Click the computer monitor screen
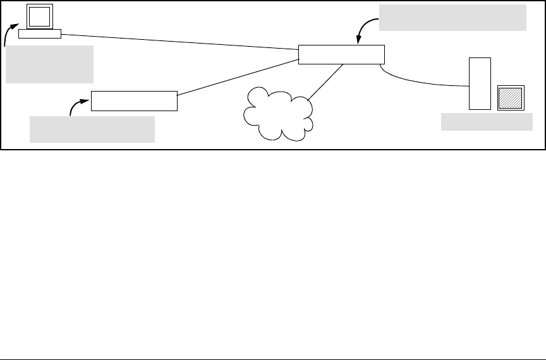click(x=40, y=16)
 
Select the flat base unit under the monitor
click(x=39, y=33)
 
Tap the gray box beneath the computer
click(x=49, y=64)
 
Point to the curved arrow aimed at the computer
click(x=8, y=34)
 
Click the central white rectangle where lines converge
click(x=341, y=54)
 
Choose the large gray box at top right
click(x=452, y=17)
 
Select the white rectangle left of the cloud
click(x=134, y=101)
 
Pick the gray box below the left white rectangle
click(x=92, y=129)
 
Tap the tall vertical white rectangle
click(x=480, y=83)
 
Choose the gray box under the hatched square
click(x=486, y=122)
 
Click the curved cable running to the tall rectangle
click(x=417, y=80)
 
